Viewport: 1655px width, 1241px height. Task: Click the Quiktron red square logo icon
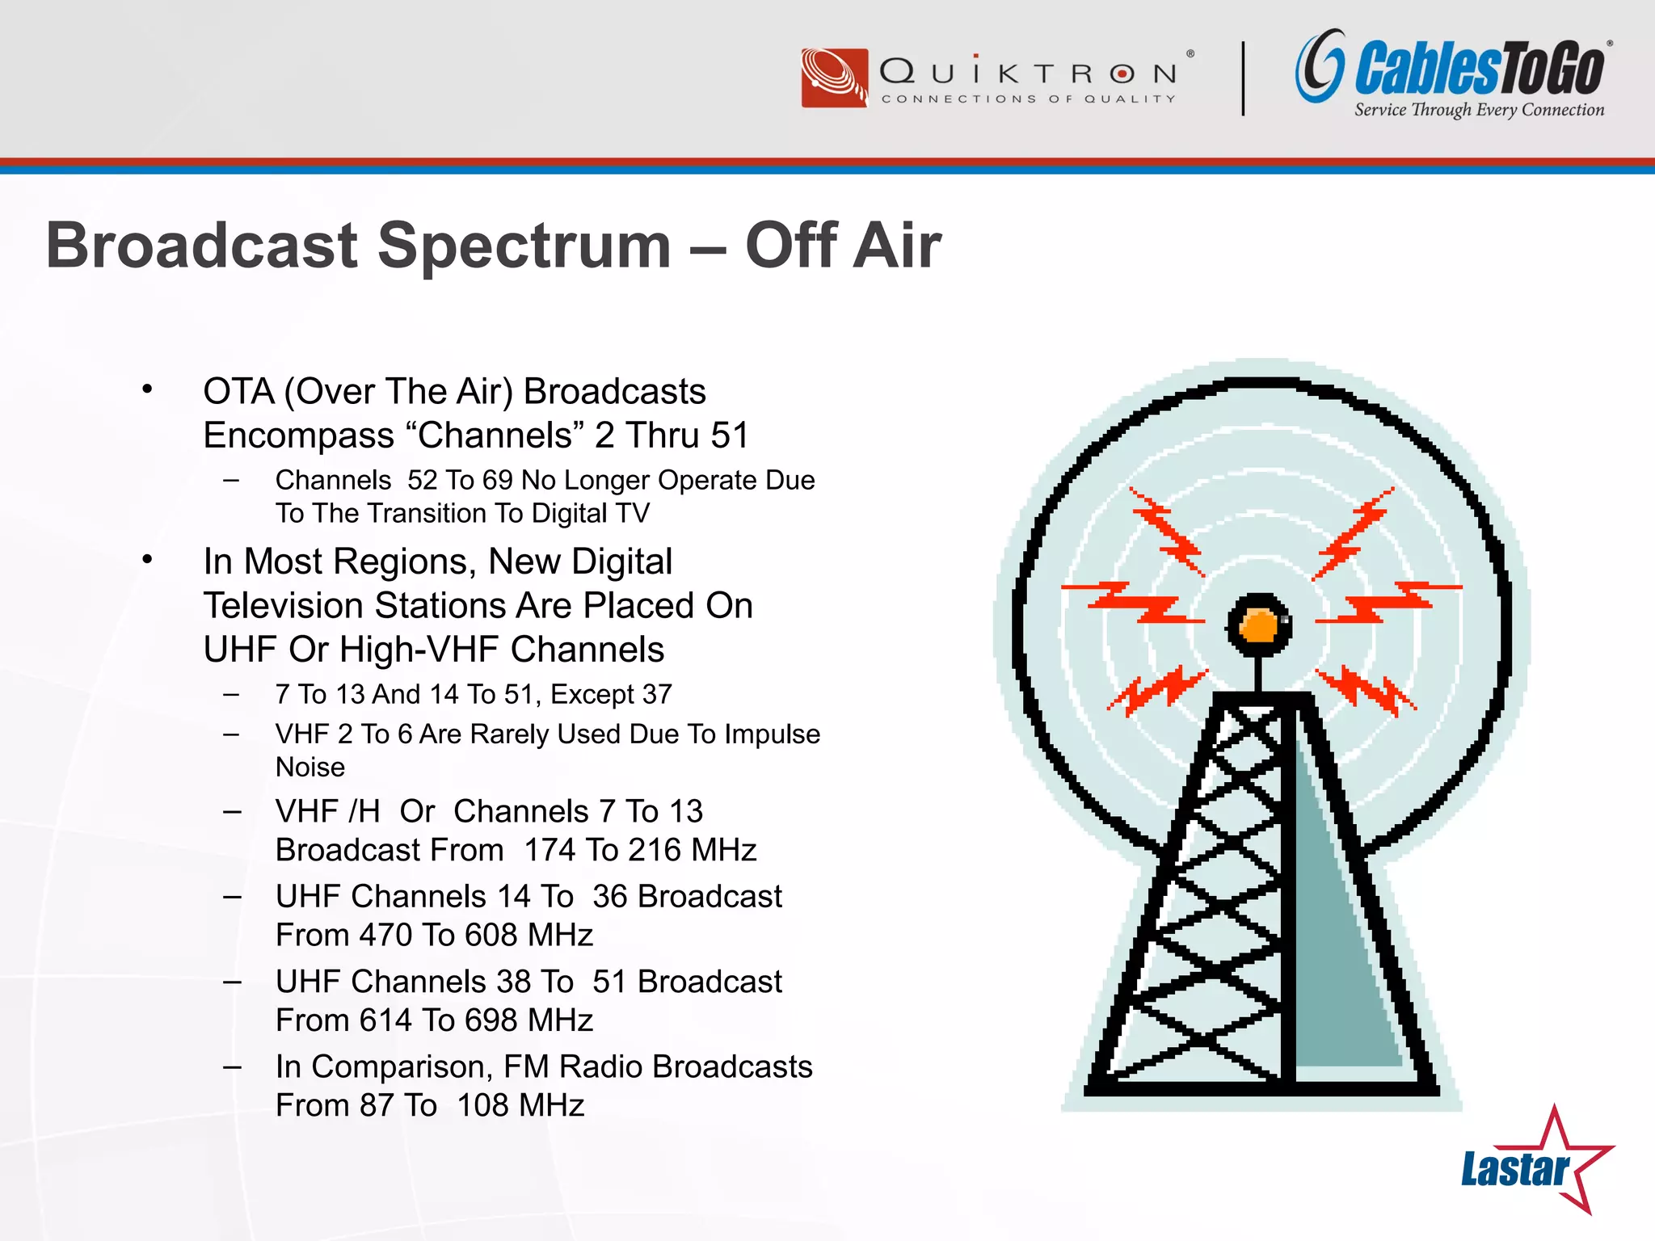[x=834, y=78]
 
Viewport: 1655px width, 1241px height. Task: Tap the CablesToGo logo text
[x=1479, y=69]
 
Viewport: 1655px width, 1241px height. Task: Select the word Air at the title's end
[x=897, y=246]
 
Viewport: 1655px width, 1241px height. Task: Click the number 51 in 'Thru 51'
[x=730, y=435]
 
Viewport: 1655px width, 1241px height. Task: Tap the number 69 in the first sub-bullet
[x=498, y=481]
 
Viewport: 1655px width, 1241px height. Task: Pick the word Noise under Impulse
[x=310, y=768]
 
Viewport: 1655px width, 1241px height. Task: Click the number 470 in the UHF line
[x=386, y=936]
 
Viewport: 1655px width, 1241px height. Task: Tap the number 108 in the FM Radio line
[x=482, y=1106]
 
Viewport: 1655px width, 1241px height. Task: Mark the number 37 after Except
[x=657, y=695]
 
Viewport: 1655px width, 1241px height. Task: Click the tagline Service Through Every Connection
[x=1479, y=110]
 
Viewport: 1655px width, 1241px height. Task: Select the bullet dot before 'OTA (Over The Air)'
[x=147, y=390]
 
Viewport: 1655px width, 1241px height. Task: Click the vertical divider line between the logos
[x=1243, y=78]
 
